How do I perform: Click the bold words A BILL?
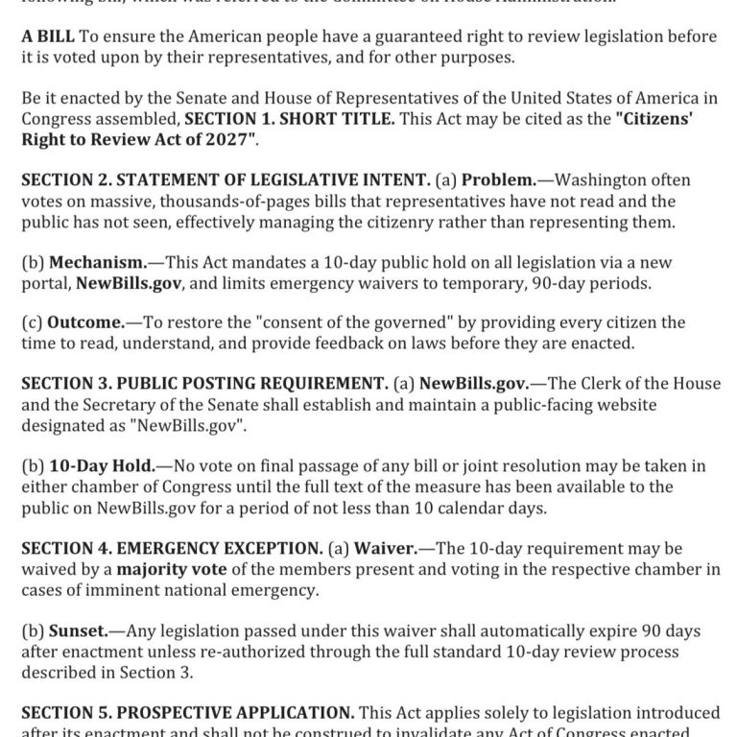48,36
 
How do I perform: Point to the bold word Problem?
496,179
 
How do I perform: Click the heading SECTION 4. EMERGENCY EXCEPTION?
169,548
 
